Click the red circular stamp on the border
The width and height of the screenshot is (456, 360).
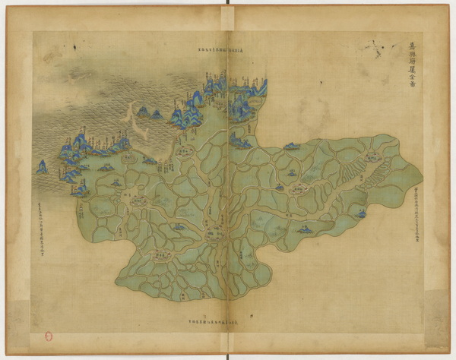click(49, 335)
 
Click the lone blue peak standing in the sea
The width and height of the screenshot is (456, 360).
click(42, 166)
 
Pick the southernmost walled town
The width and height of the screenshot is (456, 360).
click(161, 256)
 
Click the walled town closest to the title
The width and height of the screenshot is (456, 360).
click(371, 157)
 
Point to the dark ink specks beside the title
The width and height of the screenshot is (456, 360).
click(375, 50)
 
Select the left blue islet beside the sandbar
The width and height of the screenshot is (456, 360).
click(142, 112)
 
